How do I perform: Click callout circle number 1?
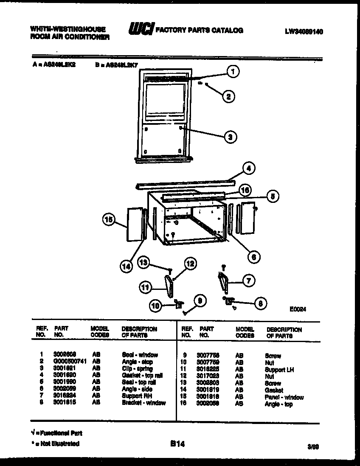(232, 73)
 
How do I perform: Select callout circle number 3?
(230, 137)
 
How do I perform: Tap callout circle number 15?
(109, 220)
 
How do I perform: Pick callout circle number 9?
(199, 300)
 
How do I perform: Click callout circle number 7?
(249, 281)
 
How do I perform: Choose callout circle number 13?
(145, 264)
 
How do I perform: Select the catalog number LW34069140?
(304, 31)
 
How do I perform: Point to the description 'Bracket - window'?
(144, 403)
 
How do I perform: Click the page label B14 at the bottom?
(177, 444)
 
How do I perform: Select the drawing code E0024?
(298, 309)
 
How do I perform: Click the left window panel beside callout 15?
(135, 224)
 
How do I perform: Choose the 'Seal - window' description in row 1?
(140, 355)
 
